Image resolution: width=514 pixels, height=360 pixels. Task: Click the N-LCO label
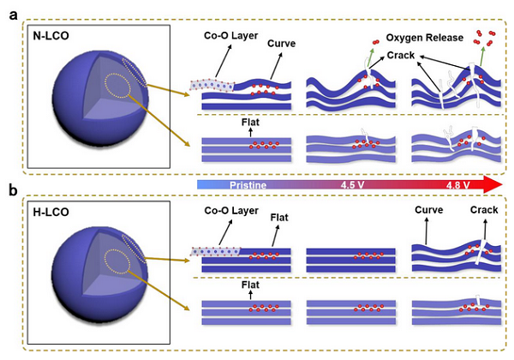click(x=51, y=35)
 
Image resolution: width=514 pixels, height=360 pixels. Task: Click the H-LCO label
click(x=51, y=212)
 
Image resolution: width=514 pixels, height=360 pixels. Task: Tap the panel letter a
click(x=13, y=15)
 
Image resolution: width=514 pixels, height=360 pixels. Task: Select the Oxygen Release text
click(x=425, y=38)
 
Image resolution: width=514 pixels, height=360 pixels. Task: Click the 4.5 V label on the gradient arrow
click(x=352, y=185)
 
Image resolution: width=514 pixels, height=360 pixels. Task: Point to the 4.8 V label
click(x=457, y=185)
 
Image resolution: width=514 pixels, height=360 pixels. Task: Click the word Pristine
click(x=248, y=185)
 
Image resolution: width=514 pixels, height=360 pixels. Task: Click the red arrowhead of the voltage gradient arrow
click(x=493, y=184)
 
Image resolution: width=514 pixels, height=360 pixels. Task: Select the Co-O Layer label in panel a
click(x=230, y=35)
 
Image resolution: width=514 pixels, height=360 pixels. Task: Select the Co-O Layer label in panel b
click(x=231, y=211)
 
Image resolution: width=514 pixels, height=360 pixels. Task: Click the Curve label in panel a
click(x=281, y=44)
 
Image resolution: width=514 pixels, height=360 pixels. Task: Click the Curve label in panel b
click(x=429, y=210)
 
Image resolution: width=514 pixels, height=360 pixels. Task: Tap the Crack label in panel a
click(x=401, y=55)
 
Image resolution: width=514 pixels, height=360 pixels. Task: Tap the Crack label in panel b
click(x=484, y=210)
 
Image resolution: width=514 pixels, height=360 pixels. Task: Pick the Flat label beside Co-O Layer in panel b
click(x=279, y=218)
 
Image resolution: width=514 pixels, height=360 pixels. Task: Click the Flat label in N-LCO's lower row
click(x=250, y=123)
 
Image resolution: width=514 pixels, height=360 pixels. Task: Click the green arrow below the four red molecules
click(x=482, y=57)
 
